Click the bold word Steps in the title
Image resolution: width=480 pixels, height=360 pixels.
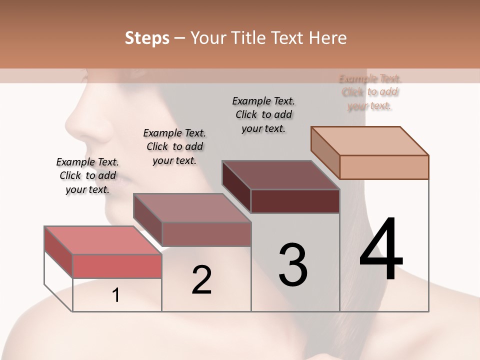pyautogui.click(x=147, y=38)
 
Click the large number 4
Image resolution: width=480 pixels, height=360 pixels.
pyautogui.click(x=381, y=250)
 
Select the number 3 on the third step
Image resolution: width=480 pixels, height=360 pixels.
pyautogui.click(x=293, y=265)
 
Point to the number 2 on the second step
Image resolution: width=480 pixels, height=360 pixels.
pyautogui.click(x=201, y=280)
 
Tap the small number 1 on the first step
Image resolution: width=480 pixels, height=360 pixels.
pyautogui.click(x=116, y=295)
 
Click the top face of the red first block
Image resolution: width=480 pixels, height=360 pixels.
pyautogui.click(x=103, y=240)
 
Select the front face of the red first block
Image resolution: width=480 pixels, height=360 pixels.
pyautogui.click(x=117, y=266)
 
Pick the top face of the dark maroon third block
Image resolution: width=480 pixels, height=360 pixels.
pyautogui.click(x=281, y=175)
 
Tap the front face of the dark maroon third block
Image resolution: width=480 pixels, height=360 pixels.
pyautogui.click(x=295, y=201)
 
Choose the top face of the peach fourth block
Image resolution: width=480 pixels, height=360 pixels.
pyautogui.click(x=370, y=141)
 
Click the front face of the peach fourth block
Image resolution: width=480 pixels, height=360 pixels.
pyautogui.click(x=384, y=167)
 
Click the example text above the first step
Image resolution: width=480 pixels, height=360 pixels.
pyautogui.click(x=87, y=175)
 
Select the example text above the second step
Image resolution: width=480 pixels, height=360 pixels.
pyautogui.click(x=174, y=146)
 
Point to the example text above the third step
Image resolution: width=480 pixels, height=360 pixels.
pyautogui.click(x=263, y=114)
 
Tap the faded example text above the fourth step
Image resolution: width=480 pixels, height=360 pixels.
pyautogui.click(x=370, y=92)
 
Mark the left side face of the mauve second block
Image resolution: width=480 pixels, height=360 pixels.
pyautogui.click(x=148, y=220)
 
